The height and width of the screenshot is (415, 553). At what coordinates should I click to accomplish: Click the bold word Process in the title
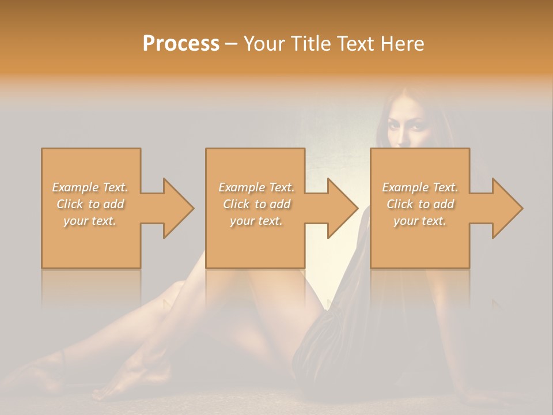[181, 44]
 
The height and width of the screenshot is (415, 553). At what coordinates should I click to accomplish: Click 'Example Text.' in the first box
[90, 187]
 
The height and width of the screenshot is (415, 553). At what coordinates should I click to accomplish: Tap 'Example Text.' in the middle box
[256, 187]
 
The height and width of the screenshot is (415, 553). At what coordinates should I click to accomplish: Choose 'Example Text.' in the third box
[420, 187]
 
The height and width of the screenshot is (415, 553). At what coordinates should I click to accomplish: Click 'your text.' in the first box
[90, 221]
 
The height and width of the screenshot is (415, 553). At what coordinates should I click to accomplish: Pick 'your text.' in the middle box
[256, 221]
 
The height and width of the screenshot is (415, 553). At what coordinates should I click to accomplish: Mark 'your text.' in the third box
[420, 221]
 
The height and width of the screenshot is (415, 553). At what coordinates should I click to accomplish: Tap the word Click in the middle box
[236, 204]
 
